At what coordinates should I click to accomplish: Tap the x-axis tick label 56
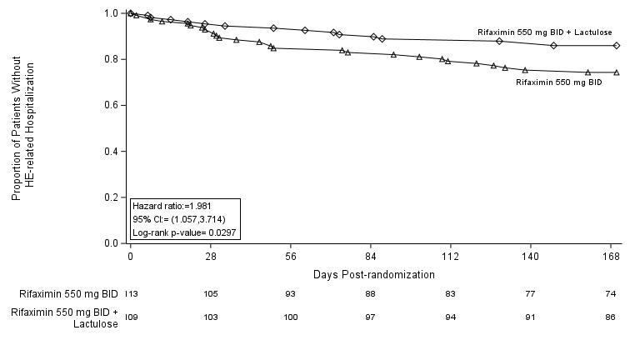coord(291,257)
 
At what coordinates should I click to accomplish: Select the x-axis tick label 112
coord(451,257)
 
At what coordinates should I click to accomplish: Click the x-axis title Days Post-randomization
coord(373,275)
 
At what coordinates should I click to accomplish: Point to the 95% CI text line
coord(178,219)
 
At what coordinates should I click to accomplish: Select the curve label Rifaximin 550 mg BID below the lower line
coord(558,82)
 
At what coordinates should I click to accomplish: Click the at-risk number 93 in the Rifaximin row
coord(291,294)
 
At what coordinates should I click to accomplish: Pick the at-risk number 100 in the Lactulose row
coord(291,317)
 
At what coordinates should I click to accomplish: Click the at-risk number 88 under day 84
coord(371,294)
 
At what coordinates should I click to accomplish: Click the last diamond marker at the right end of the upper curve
coord(616,45)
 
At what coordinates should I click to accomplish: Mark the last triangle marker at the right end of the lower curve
coord(616,72)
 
